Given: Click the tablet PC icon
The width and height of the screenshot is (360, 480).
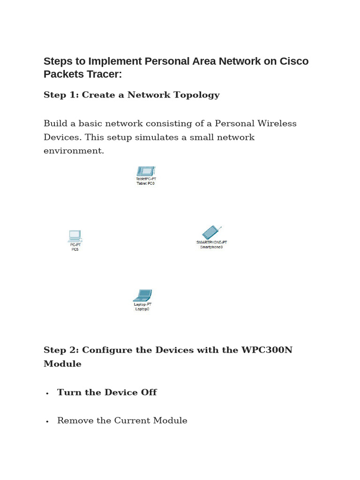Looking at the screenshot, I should tap(145, 171).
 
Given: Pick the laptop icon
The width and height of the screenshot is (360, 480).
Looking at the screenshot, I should tap(142, 295).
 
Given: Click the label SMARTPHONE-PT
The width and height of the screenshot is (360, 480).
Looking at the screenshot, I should tap(211, 242).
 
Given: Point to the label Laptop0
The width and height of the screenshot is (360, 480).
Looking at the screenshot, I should tap(142, 309).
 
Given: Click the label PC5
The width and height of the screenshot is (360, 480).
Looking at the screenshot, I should tap(75, 249).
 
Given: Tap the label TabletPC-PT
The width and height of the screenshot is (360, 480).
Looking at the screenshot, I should tap(146, 179).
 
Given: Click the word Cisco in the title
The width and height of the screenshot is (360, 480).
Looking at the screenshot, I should tap(294, 61).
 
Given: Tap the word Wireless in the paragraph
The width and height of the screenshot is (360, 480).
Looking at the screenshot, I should tap(276, 123).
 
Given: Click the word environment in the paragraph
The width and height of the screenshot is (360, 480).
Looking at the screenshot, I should tap(74, 151).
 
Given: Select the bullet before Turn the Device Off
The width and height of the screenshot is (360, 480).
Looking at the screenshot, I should tap(47, 393).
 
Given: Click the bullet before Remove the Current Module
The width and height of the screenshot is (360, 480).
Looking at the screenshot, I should tap(47, 421).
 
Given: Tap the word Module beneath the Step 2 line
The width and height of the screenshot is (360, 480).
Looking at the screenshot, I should tap(62, 364).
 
